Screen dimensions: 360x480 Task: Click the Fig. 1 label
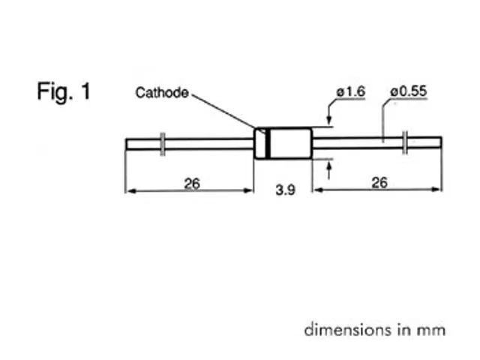tap(63, 92)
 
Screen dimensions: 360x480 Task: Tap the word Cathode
tap(161, 94)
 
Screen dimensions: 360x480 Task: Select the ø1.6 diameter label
tap(350, 91)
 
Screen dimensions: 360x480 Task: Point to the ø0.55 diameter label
tap(409, 91)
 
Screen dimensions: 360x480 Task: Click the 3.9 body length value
tap(284, 191)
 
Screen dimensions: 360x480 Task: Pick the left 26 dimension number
tap(192, 182)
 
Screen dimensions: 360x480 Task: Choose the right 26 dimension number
tap(379, 182)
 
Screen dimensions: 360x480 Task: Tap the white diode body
tap(289, 142)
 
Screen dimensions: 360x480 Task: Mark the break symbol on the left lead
tap(163, 142)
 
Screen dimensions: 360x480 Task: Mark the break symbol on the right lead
tap(406, 142)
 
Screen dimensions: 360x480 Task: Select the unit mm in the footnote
tap(435, 330)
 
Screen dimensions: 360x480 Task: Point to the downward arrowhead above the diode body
tap(328, 121)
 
